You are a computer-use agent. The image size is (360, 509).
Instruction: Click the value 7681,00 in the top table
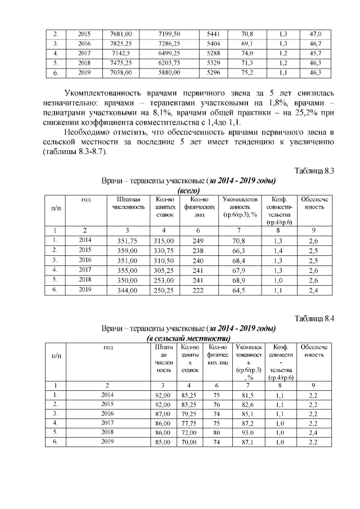pos(124,34)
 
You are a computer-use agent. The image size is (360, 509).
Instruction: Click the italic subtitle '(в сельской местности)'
pos(188,338)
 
